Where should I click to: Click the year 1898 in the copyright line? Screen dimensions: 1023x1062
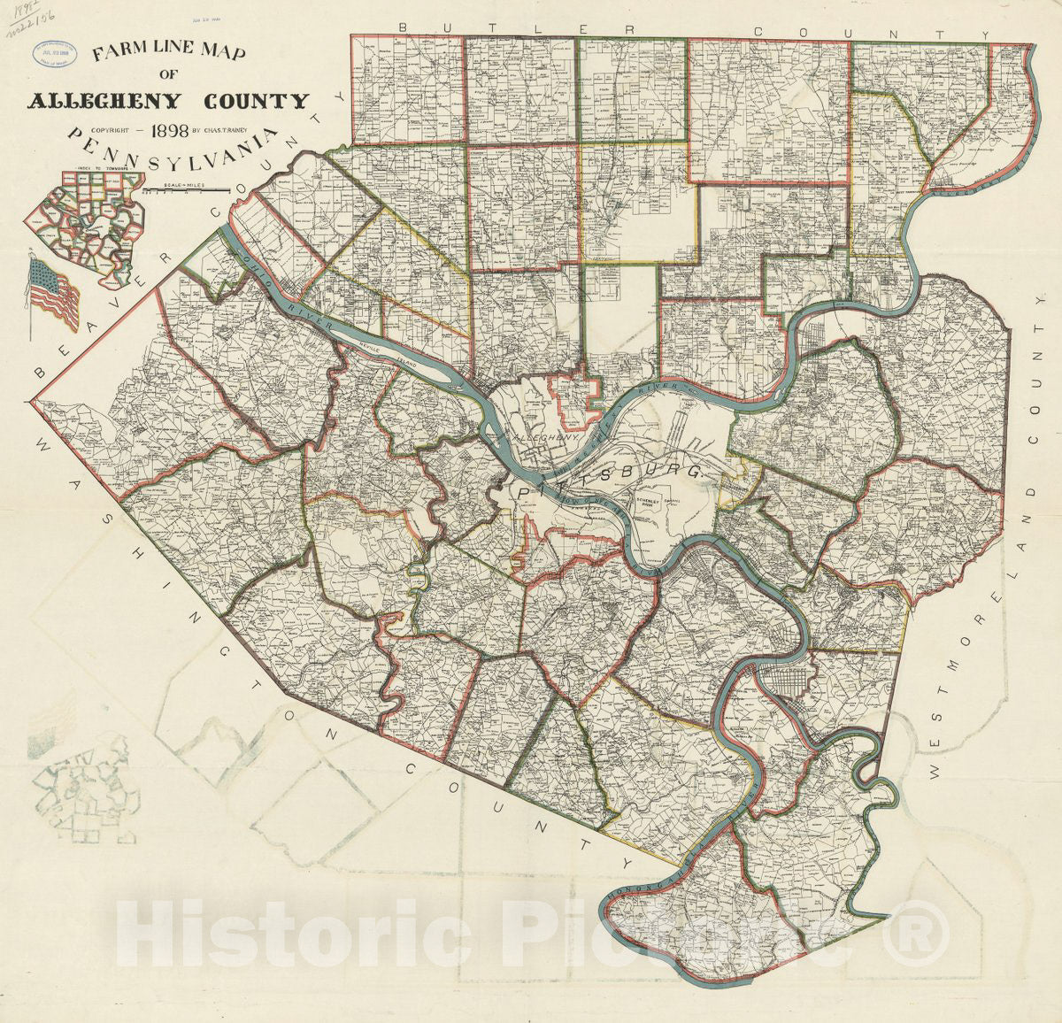(x=169, y=132)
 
